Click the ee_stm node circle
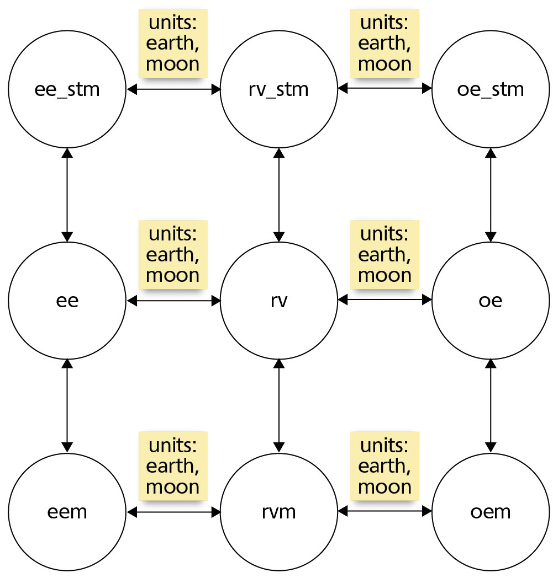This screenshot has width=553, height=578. click(x=67, y=89)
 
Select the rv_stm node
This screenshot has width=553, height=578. click(x=279, y=89)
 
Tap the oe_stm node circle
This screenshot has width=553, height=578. click(x=491, y=89)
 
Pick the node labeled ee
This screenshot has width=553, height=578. click(x=67, y=301)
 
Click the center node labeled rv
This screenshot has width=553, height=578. click(x=279, y=301)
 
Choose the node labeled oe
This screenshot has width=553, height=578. click(x=491, y=301)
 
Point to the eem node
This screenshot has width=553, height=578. click(x=67, y=512)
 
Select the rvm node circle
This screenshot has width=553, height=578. click(x=279, y=512)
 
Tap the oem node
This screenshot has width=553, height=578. click(x=491, y=512)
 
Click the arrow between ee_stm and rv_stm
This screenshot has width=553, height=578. click(x=173, y=89)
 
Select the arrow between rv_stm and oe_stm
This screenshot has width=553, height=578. click(x=385, y=88)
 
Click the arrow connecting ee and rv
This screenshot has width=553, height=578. click(x=173, y=301)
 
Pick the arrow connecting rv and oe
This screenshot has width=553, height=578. click(x=385, y=299)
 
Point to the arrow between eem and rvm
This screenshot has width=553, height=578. click(x=173, y=512)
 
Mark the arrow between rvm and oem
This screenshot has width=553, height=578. click(x=385, y=511)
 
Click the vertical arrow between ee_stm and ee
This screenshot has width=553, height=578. click(x=67, y=195)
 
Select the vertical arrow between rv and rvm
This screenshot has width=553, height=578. click(x=279, y=406)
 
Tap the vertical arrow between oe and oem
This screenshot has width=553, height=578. click(x=491, y=406)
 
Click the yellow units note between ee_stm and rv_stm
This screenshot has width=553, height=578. click(x=173, y=43)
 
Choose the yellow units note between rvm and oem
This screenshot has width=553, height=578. click(x=385, y=465)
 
